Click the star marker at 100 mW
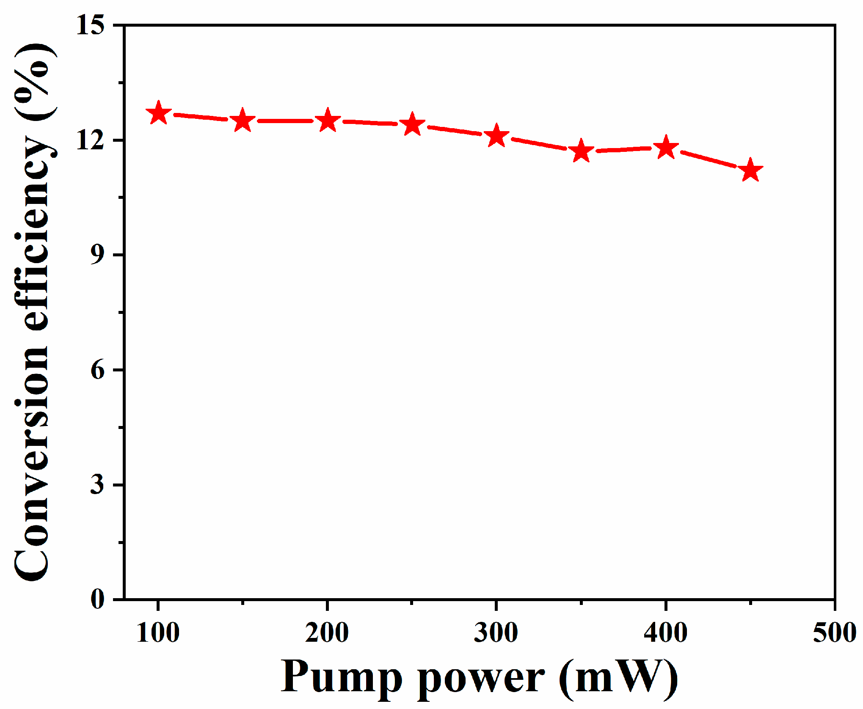point(158,113)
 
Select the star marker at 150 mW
point(243,121)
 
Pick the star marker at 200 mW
point(328,121)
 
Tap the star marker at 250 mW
point(412,125)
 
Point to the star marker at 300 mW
point(496,136)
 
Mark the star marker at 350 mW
point(581,151)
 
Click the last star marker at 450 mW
point(750,170)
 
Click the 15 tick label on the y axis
point(90,25)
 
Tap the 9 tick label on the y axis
point(97,255)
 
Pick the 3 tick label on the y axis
point(97,484)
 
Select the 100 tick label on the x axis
point(158,633)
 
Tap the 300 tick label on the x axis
point(496,633)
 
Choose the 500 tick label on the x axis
point(834,633)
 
